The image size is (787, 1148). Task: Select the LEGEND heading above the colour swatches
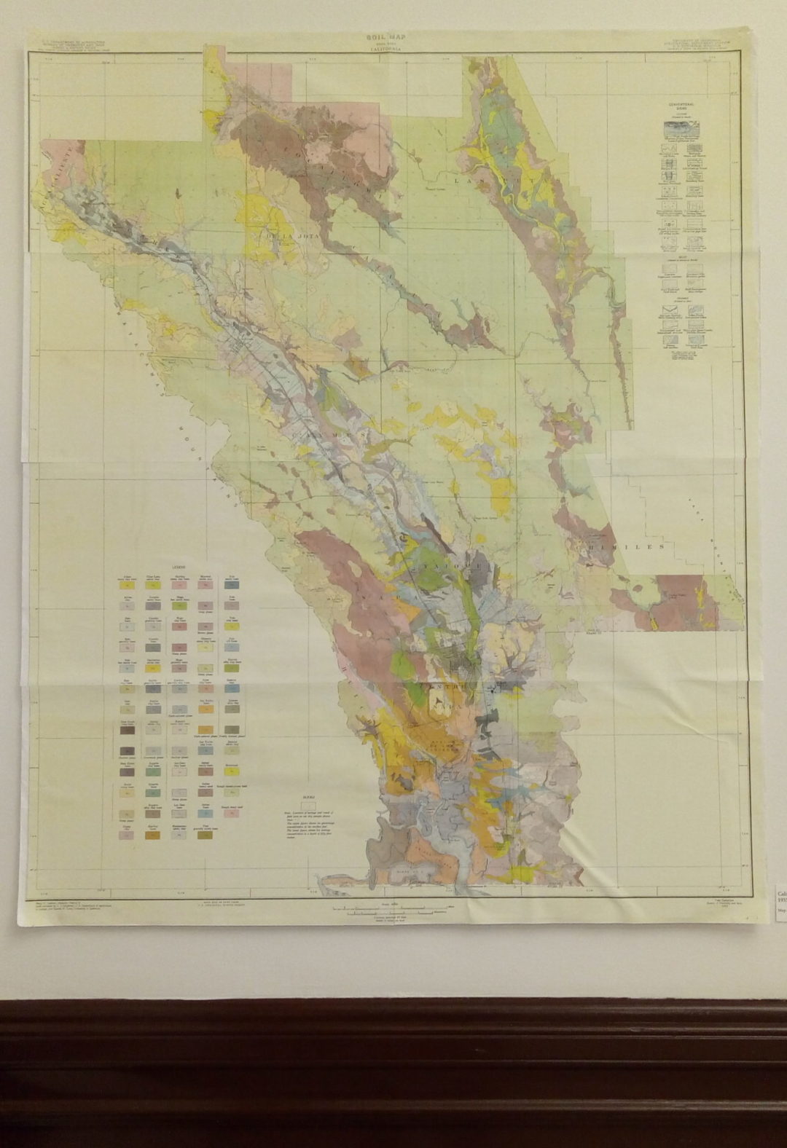(179, 567)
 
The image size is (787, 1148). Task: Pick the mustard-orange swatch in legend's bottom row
(152, 836)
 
